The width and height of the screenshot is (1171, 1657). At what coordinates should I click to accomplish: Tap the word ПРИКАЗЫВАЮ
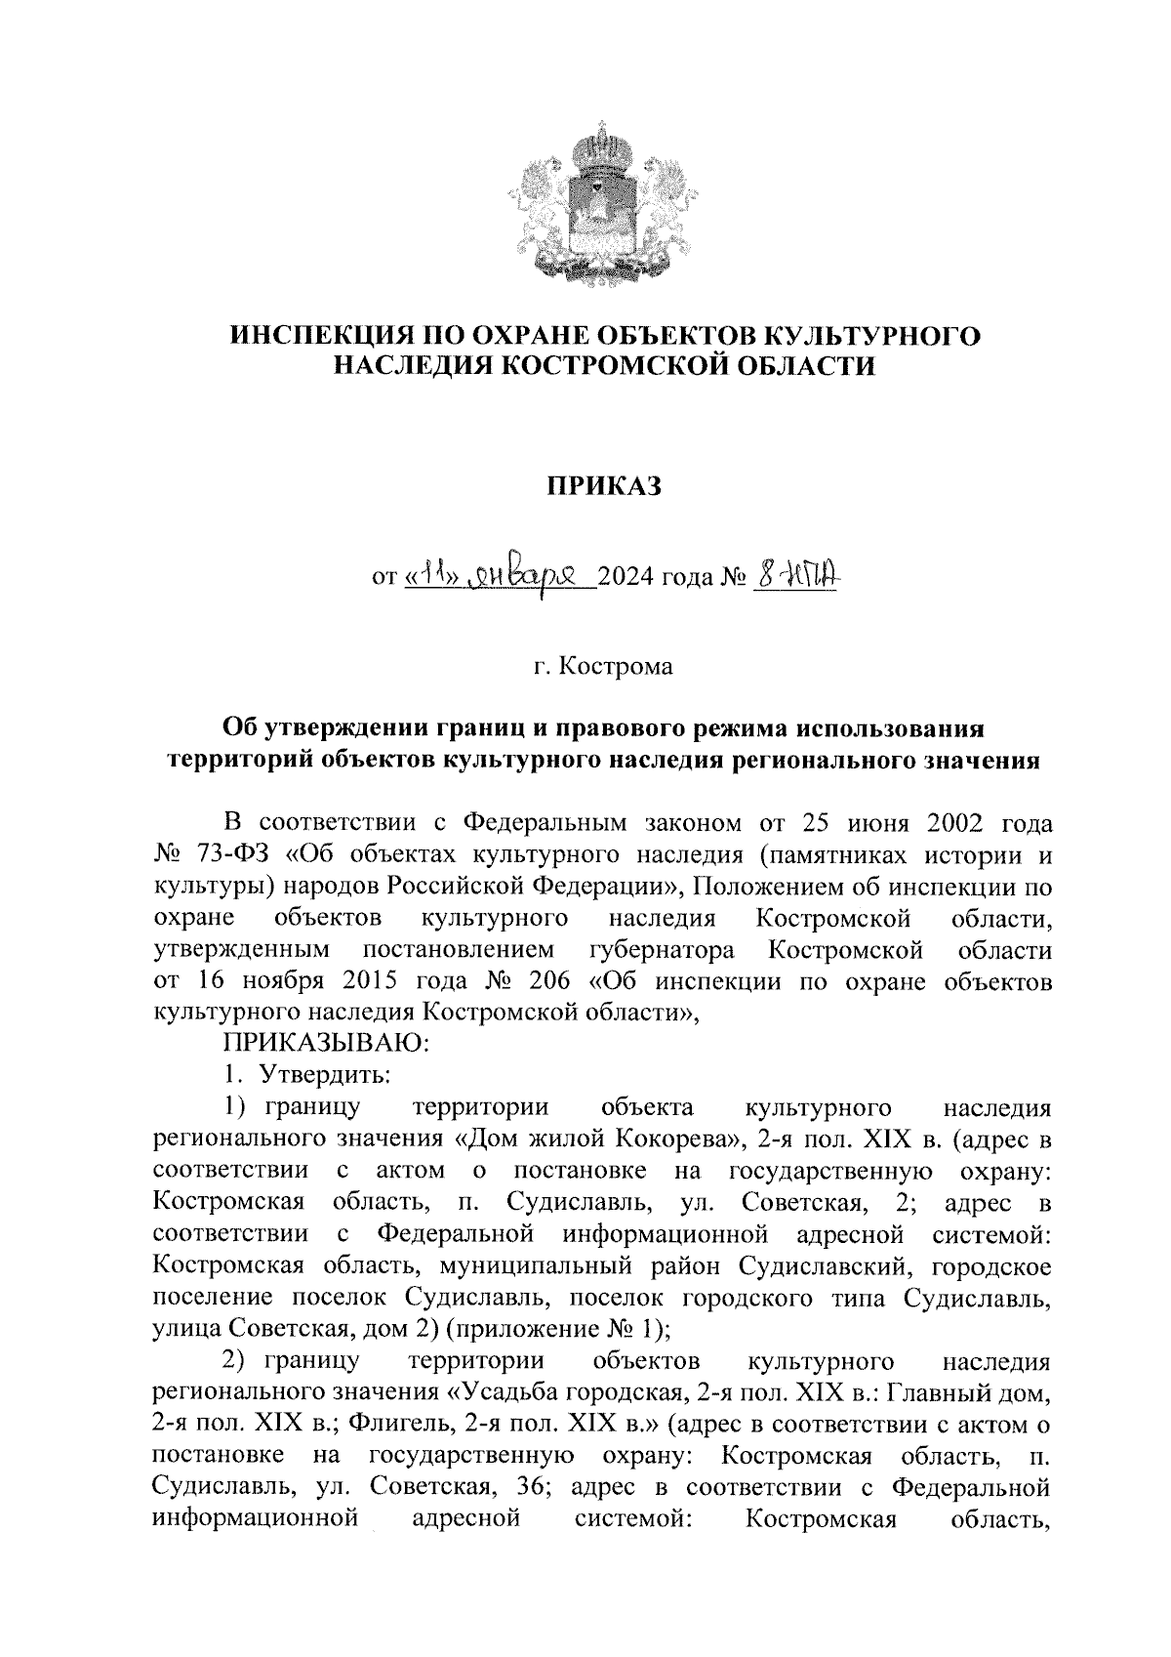[323, 1044]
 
